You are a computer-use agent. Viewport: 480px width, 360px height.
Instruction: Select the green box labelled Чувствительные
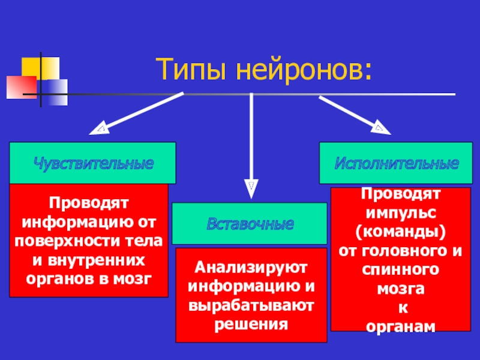(x=92, y=163)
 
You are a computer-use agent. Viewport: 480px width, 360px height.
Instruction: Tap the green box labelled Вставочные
(x=250, y=223)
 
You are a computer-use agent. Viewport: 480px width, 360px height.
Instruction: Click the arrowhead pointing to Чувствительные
(x=100, y=129)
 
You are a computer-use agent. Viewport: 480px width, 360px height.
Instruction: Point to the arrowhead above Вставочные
(x=251, y=187)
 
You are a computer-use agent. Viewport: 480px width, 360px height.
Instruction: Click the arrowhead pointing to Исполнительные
(x=380, y=127)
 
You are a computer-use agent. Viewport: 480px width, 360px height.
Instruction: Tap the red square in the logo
(x=22, y=88)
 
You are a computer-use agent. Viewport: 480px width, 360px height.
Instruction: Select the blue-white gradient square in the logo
(x=55, y=91)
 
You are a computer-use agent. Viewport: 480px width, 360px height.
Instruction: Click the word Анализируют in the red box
(x=251, y=265)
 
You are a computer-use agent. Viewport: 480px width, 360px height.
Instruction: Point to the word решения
(x=251, y=324)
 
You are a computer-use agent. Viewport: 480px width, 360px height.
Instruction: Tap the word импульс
(x=401, y=212)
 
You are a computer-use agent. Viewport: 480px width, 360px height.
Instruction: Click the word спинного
(x=401, y=269)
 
